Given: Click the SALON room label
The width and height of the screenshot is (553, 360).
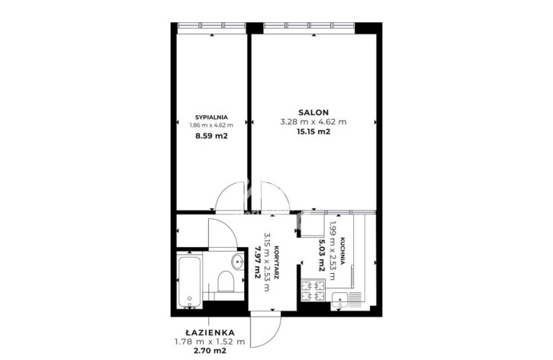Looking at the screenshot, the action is click(x=313, y=112).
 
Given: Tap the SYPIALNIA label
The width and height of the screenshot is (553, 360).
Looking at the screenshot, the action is click(x=211, y=117).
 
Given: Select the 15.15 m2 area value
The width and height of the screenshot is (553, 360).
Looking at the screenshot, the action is click(x=313, y=132).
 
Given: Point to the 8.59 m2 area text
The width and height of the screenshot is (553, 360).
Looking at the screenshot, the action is click(x=211, y=136).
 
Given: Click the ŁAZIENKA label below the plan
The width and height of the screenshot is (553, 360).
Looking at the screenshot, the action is click(x=210, y=332).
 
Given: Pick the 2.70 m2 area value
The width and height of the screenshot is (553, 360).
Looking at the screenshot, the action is click(x=210, y=351).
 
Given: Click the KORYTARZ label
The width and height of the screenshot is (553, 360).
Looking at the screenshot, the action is click(x=277, y=262).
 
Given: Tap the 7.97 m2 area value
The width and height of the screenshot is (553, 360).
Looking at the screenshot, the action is click(x=257, y=262).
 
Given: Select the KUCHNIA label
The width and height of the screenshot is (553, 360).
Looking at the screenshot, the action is click(x=342, y=251).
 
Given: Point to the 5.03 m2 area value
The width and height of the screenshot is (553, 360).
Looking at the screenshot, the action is click(x=321, y=256).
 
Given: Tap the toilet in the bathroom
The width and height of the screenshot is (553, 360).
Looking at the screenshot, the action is click(x=226, y=281).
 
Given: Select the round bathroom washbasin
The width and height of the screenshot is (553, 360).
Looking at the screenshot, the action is click(x=238, y=262).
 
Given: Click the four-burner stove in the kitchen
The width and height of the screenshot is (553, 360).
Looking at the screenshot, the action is click(x=313, y=290).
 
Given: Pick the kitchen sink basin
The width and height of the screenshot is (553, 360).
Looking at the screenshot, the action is click(x=339, y=301).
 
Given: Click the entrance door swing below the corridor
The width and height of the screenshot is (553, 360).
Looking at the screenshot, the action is click(x=265, y=329).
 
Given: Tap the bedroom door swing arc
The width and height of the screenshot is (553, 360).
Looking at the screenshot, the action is click(x=230, y=198).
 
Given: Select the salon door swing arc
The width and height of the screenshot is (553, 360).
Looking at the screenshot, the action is click(x=275, y=198).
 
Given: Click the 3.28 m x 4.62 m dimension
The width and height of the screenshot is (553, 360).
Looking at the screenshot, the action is click(x=313, y=122).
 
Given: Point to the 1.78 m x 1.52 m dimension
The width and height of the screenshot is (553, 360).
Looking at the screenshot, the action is click(x=210, y=341).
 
